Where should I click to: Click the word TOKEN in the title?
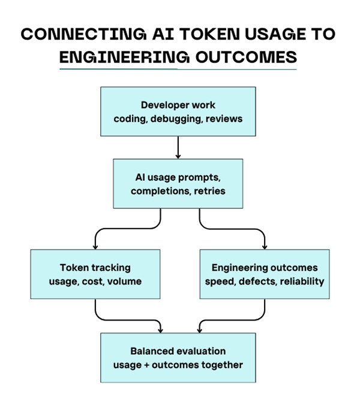coord(209,34)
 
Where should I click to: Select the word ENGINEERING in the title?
coord(124,57)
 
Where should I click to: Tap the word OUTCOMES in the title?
coord(246,57)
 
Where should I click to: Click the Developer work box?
coord(178,112)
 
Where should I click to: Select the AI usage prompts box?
coord(178,184)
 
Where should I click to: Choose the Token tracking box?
coord(95,274)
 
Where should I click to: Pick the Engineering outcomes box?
coord(265,274)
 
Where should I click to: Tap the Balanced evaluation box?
coord(178,358)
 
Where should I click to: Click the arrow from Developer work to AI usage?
coord(178,148)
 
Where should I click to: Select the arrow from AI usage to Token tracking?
coord(128,229)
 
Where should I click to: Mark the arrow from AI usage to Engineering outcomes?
coord(232,229)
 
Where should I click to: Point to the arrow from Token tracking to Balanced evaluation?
coord(127,320)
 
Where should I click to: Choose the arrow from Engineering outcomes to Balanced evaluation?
coord(232,320)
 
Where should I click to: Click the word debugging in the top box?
coord(175,119)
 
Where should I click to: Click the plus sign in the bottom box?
coord(146,366)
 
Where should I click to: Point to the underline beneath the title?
coord(178,69)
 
